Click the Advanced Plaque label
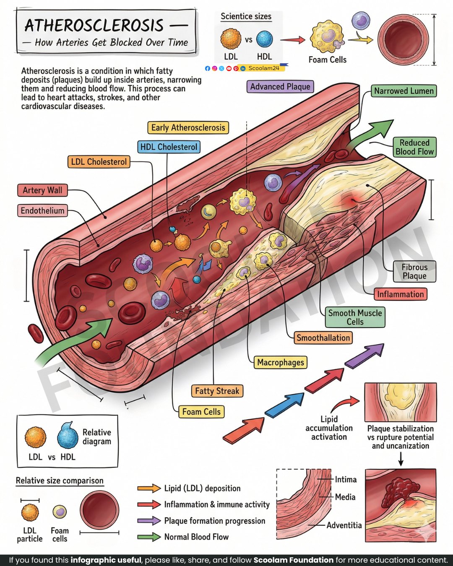[x=280, y=86]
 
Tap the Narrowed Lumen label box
[x=404, y=91]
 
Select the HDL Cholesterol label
[x=169, y=147]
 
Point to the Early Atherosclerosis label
[x=188, y=127]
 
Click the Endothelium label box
[x=42, y=210]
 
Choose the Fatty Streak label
[x=217, y=391]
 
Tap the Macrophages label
[x=281, y=362]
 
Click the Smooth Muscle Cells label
[x=355, y=317]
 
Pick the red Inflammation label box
[x=400, y=294]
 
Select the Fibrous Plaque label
[x=414, y=271]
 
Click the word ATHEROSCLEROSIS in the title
[x=94, y=25]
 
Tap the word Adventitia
[x=344, y=525]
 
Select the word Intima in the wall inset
[x=346, y=480]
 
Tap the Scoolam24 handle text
[x=264, y=68]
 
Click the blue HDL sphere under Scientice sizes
[x=264, y=39]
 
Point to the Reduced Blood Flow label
[x=414, y=147]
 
